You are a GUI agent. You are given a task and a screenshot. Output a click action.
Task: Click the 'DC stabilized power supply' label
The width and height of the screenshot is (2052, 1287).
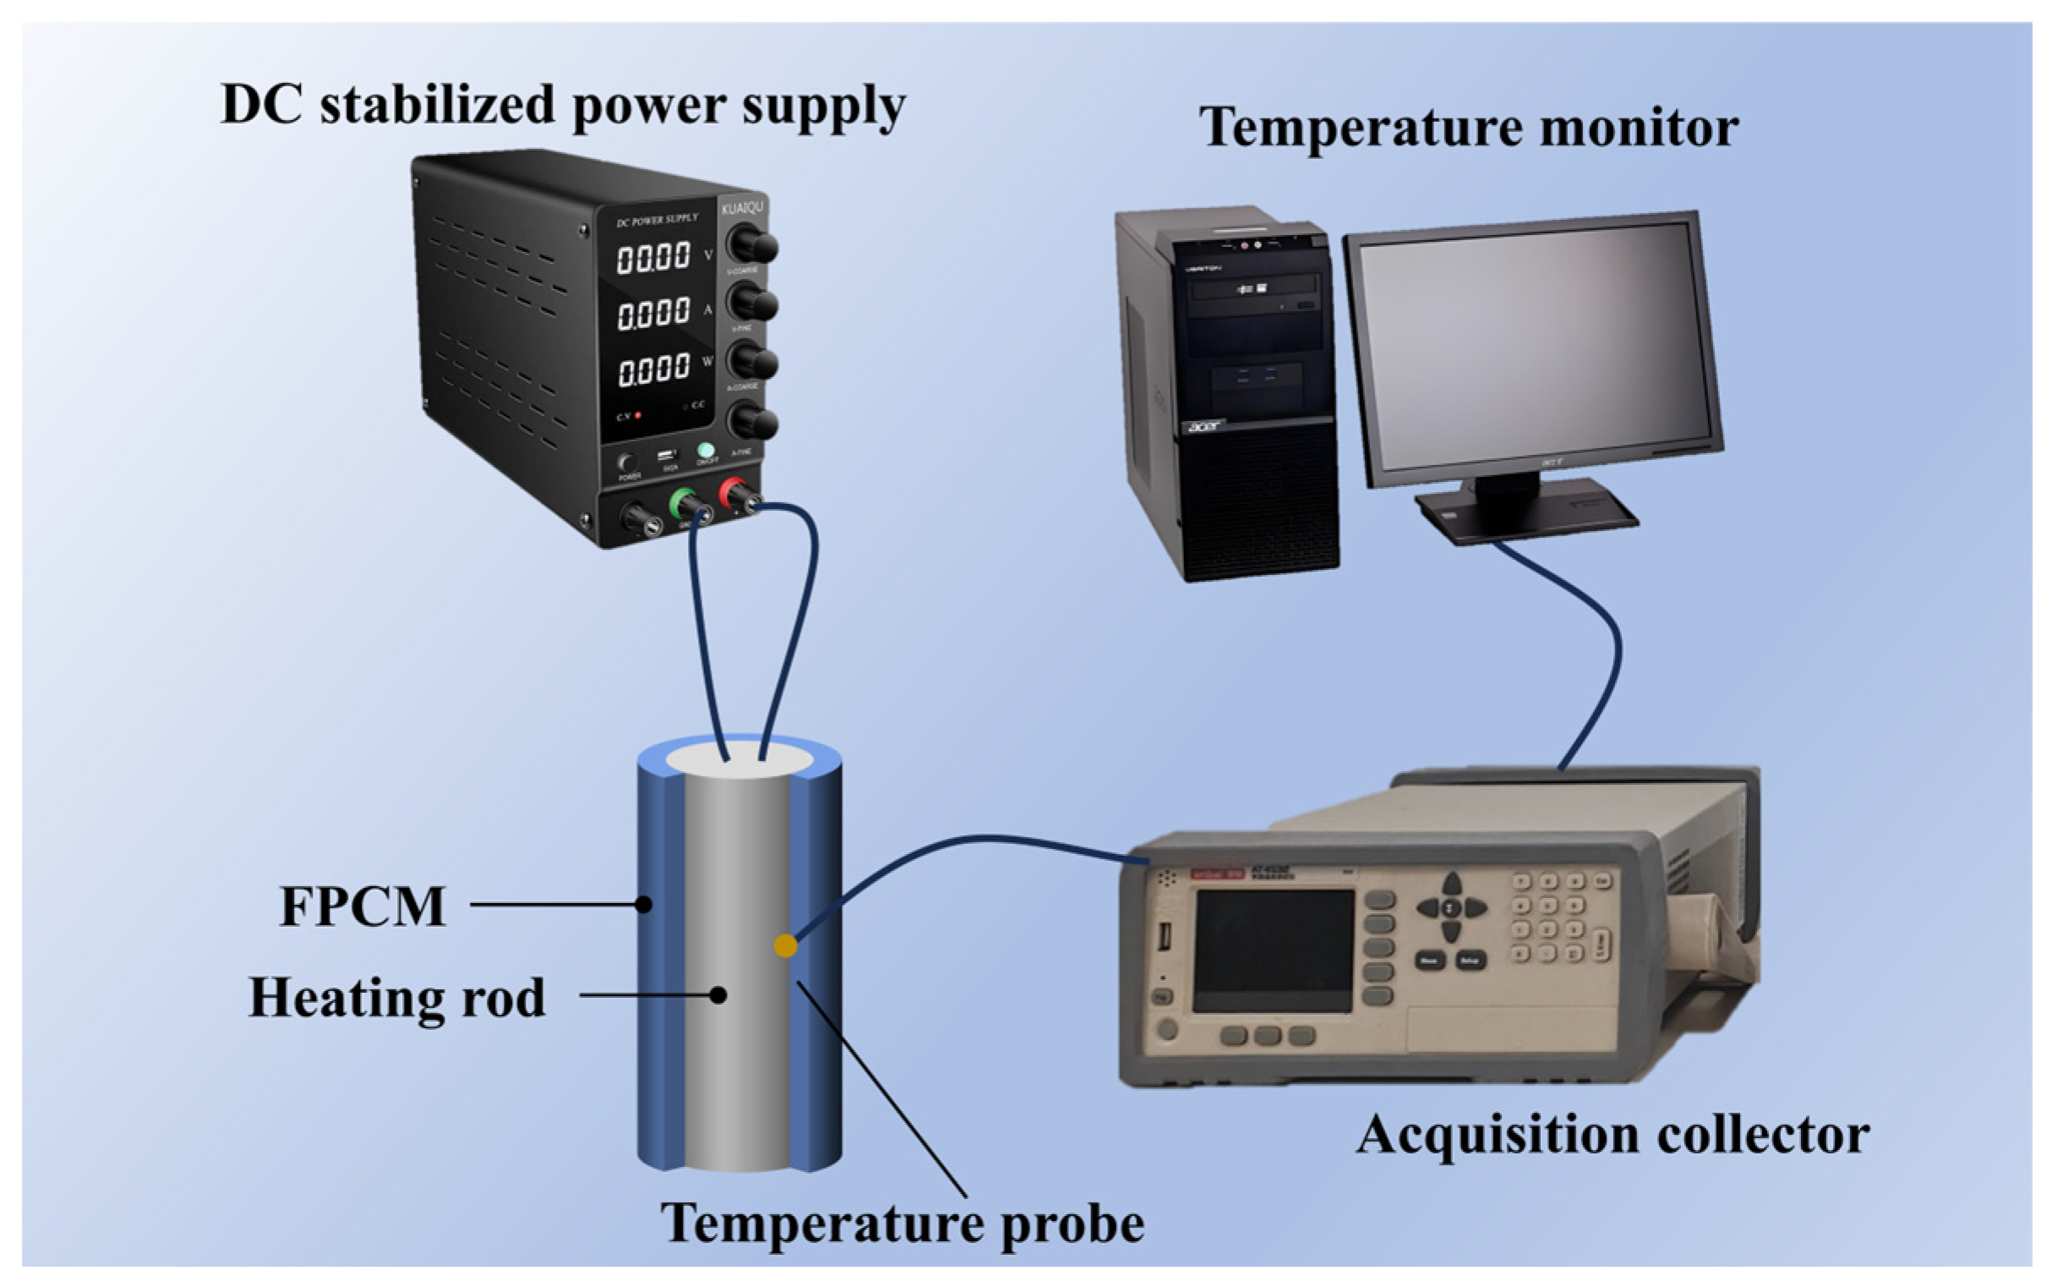coord(563,106)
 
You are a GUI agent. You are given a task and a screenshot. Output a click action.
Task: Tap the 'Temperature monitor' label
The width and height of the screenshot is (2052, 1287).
coord(1468,128)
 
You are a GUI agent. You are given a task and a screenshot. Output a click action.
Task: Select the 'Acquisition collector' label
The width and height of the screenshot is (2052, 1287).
coord(1613,1135)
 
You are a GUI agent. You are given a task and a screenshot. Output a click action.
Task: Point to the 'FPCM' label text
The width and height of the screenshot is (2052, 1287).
coord(363,906)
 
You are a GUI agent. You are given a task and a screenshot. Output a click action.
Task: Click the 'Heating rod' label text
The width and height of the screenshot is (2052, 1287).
coord(396,997)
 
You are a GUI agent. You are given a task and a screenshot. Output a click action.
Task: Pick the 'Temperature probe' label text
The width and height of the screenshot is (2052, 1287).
coord(902,1224)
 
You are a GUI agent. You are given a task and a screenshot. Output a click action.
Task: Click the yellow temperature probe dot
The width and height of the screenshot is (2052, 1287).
coord(785,945)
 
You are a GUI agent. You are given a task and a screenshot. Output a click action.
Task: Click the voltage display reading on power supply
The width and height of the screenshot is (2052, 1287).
coord(653,257)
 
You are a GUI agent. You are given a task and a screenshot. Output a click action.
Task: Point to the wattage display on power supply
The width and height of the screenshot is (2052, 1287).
coord(653,370)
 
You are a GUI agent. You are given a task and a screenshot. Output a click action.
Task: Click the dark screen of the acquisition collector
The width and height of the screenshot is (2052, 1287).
coord(1273,950)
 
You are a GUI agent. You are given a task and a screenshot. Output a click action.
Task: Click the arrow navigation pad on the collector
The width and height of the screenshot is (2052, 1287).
coord(1451,907)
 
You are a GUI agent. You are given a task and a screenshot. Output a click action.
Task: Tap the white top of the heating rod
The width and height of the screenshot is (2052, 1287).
coord(739,760)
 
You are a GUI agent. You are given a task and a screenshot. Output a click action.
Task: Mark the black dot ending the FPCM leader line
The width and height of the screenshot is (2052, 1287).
coord(644,905)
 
